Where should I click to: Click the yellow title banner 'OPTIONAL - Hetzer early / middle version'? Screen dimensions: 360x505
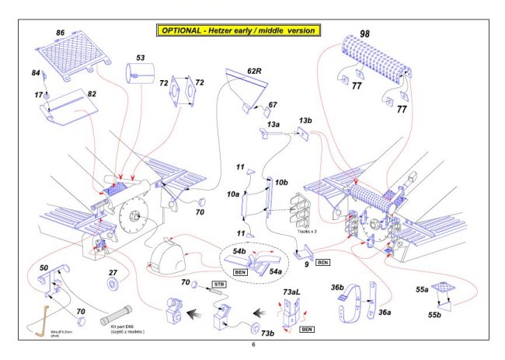click(x=238, y=30)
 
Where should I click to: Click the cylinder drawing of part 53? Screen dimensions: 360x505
click(x=140, y=76)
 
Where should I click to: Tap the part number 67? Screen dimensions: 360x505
click(x=273, y=105)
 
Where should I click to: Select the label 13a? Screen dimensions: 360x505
click(x=273, y=124)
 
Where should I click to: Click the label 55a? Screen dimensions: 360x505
click(x=421, y=288)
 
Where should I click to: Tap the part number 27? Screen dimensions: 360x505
click(x=113, y=272)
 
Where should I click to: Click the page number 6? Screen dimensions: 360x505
click(x=252, y=344)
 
